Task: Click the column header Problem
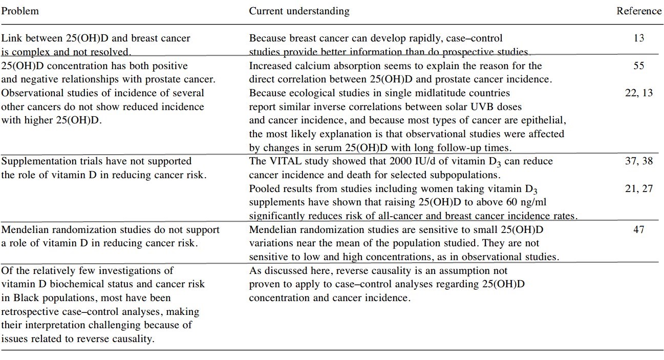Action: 20,11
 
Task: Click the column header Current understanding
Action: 299,11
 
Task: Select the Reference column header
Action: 638,11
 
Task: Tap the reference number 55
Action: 638,66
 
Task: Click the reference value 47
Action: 638,229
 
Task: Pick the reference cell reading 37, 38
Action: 638,161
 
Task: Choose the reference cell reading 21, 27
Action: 638,188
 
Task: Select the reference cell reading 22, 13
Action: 638,93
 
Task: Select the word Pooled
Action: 264,188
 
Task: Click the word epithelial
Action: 544,120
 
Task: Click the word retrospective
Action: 29,311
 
